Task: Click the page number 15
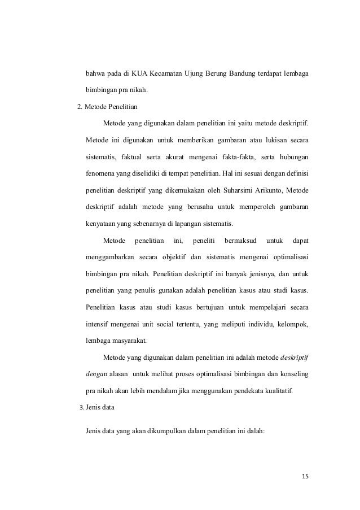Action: tap(305, 477)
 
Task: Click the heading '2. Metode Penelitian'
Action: tap(109, 106)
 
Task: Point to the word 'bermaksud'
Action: tap(240, 242)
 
